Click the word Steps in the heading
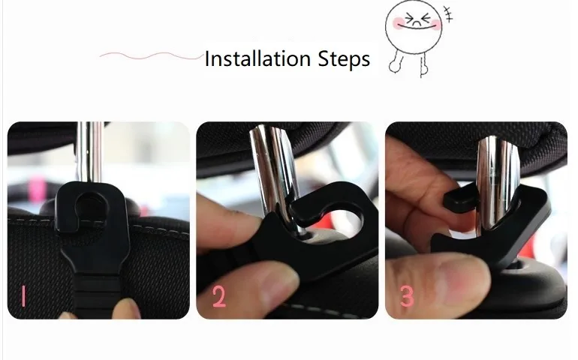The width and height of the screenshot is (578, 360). pos(344,60)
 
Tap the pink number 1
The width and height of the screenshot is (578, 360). pos(23,295)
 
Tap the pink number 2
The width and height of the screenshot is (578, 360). pos(218,297)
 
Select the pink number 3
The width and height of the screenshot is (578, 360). pos(407,296)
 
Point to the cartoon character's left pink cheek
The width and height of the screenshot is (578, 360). pos(399,23)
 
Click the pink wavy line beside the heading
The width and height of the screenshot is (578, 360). pos(152,56)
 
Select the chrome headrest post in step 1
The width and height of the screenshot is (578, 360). pos(89,151)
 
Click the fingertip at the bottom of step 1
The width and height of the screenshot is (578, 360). pos(126,309)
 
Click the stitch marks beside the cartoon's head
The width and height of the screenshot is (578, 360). pos(447,14)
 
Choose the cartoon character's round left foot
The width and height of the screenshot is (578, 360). pos(393,67)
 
